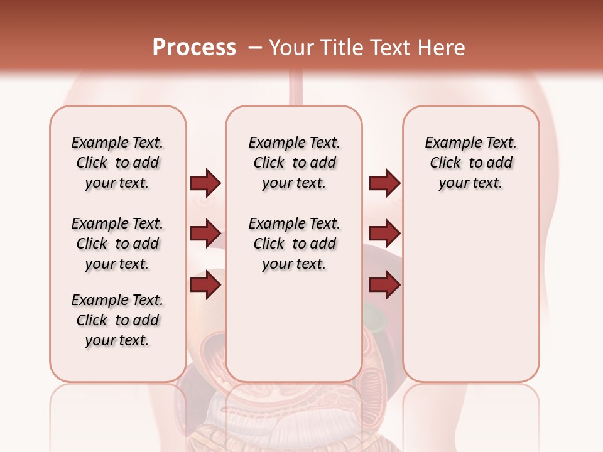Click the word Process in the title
[x=194, y=47]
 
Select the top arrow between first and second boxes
[x=205, y=183]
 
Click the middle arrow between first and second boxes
[x=205, y=234]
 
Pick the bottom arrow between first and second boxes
[x=205, y=285]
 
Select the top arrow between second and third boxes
[x=384, y=183]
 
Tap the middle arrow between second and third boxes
[x=384, y=234]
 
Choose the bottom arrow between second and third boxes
[x=384, y=285]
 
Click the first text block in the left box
[x=117, y=163]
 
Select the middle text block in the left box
[x=117, y=244]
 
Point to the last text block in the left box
[x=117, y=320]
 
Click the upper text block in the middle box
[x=294, y=163]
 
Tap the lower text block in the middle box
[x=294, y=244]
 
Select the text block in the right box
[x=470, y=163]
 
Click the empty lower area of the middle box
[x=294, y=326]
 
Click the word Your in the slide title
[x=288, y=47]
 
